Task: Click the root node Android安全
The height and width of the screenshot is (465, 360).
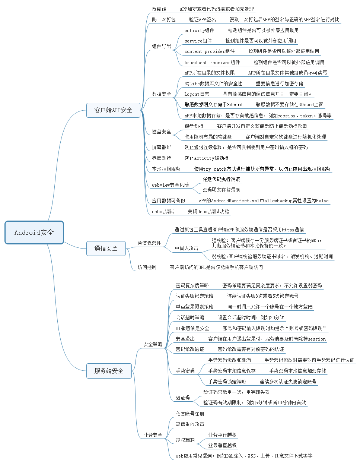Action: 34,232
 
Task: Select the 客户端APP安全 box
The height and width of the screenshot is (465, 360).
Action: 113,110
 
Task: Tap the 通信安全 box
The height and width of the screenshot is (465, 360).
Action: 106,249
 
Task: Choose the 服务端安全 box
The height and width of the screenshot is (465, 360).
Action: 109,371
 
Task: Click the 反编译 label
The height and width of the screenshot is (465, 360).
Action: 159,9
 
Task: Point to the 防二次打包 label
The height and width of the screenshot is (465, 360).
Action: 163,19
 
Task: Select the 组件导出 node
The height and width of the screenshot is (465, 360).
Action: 162,47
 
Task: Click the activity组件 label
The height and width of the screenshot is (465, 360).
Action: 199,31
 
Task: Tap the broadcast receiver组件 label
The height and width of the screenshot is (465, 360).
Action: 212,63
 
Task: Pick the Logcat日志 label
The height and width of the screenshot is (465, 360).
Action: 197,94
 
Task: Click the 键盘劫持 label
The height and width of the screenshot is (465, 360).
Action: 194,126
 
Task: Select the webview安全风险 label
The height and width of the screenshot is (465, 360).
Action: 170,185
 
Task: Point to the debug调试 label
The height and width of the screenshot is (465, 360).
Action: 163,212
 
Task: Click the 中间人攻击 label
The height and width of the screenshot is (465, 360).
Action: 187,248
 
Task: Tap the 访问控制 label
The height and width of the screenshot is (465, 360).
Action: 147,268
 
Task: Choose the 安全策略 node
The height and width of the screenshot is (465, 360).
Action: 153,345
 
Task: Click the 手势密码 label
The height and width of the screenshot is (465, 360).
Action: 185,371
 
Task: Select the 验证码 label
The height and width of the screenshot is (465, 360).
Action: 182,398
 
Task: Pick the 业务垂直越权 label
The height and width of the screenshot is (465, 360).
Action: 222,446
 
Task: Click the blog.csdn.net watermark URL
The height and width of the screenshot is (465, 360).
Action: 306,458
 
